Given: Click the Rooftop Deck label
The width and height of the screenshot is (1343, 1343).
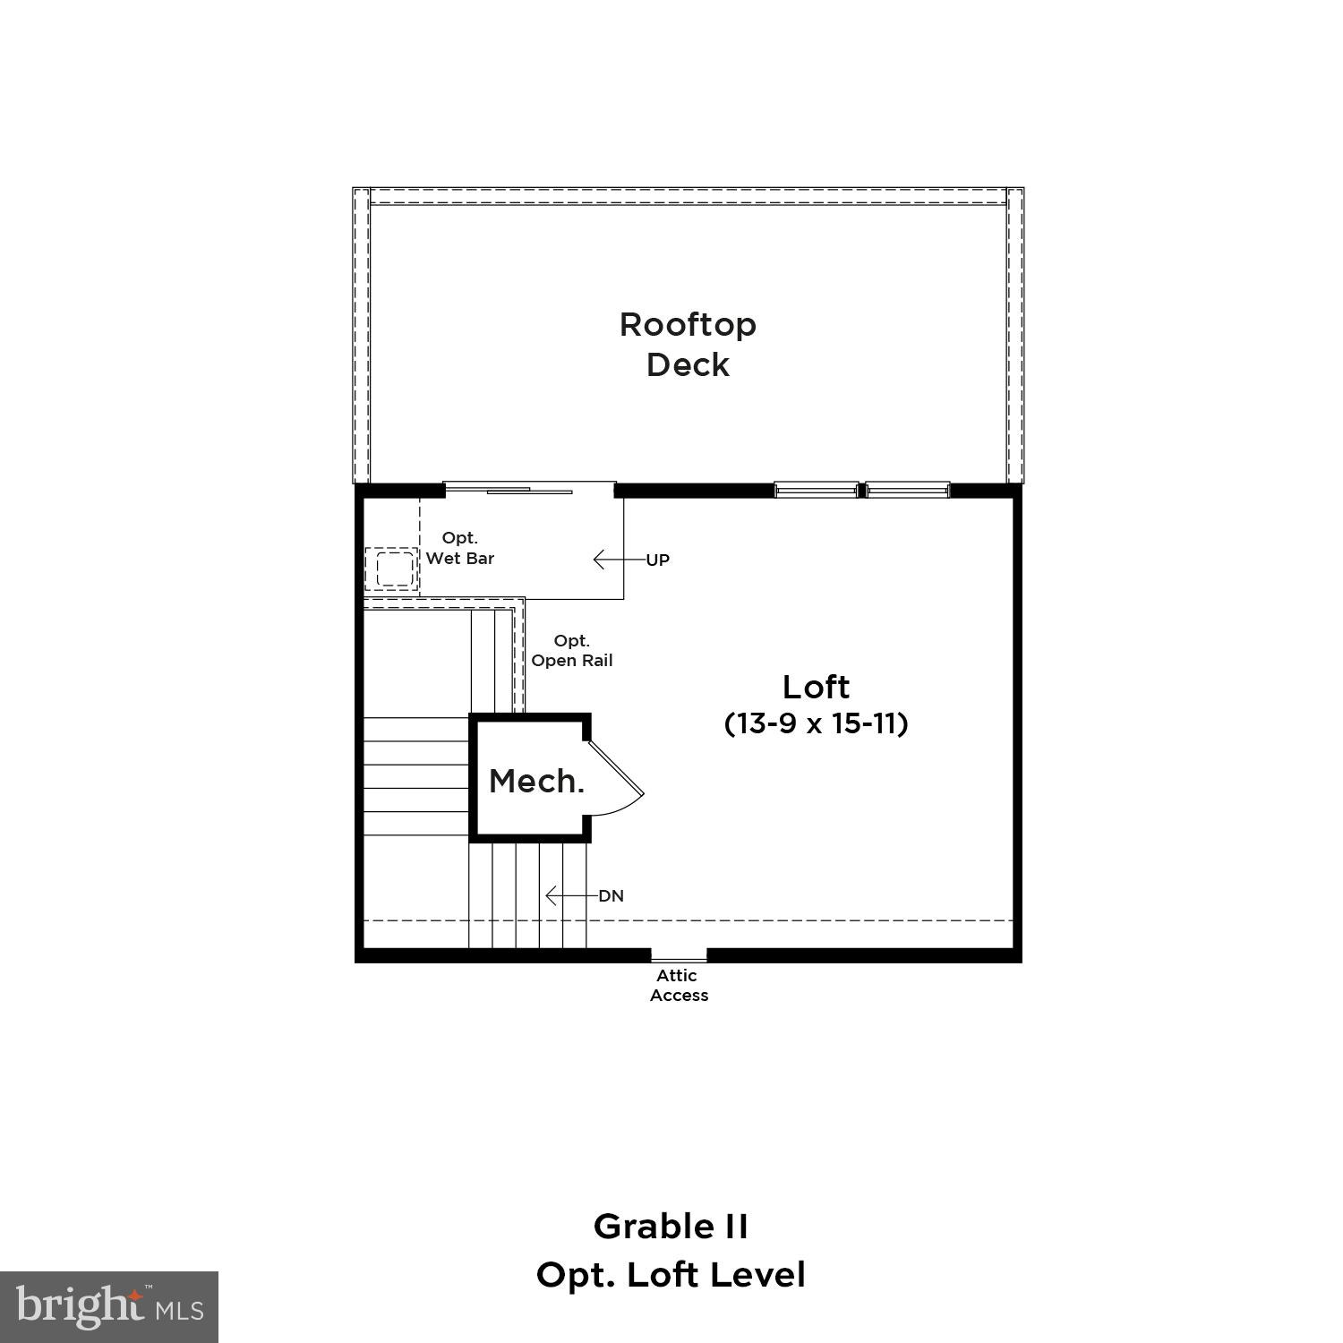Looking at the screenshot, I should (x=688, y=345).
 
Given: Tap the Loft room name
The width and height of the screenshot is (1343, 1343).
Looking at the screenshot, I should (x=816, y=688).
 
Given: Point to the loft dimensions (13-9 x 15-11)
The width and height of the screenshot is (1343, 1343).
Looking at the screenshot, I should (x=816, y=723).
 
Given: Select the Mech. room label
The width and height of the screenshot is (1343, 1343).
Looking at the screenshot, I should (x=536, y=782).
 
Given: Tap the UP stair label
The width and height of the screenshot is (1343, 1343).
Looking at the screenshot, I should (x=658, y=560).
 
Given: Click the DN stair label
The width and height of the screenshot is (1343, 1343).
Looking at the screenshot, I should (x=612, y=896).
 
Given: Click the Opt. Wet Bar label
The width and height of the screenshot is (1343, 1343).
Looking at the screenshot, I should (x=460, y=548).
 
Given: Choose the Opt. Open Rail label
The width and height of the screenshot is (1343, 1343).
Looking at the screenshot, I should (x=572, y=651).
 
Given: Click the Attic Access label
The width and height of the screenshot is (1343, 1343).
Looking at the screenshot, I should (x=679, y=986).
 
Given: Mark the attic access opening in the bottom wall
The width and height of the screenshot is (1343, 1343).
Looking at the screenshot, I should (x=679, y=954).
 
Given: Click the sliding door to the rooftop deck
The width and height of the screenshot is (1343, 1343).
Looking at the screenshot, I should (x=530, y=490).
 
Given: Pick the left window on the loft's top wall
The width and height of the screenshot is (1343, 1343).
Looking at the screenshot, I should (x=816, y=490).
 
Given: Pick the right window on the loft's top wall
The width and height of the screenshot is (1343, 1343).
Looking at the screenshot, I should (x=908, y=490).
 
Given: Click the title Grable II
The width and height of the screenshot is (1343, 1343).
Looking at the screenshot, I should (x=671, y=1227).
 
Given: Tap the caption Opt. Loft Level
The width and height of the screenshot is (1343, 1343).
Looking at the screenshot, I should (x=671, y=1275).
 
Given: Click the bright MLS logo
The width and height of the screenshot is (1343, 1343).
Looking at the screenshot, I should (x=109, y=1307).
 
